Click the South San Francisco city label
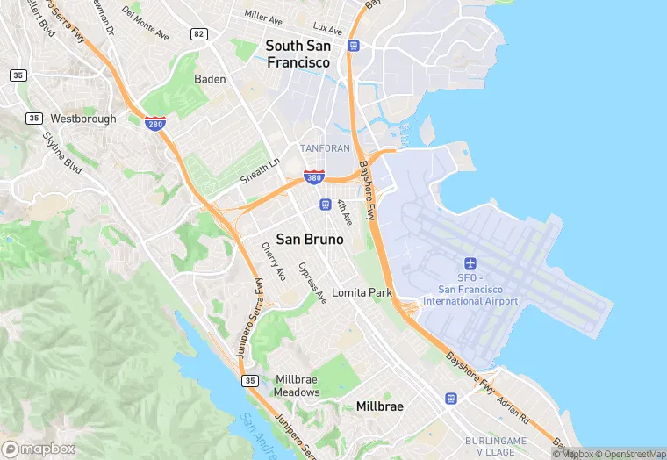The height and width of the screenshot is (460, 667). click(x=298, y=54)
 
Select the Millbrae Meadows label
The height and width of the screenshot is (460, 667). click(x=297, y=385)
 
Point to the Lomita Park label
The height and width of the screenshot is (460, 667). click(x=362, y=292)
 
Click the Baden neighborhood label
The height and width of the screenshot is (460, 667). click(x=210, y=79)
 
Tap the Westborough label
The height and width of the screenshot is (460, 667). click(x=82, y=118)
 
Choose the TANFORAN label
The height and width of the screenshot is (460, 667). click(x=325, y=148)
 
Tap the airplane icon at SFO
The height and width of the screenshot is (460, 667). click(x=470, y=264)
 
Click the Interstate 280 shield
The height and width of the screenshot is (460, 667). click(x=155, y=123)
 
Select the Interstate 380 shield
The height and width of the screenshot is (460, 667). click(x=313, y=176)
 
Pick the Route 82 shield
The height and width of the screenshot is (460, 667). click(x=199, y=33)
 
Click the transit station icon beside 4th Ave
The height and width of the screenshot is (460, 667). click(x=325, y=205)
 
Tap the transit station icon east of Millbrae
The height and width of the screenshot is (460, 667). click(x=451, y=399)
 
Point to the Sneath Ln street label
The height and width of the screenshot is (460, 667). click(x=261, y=169)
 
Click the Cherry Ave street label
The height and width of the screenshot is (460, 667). click(x=274, y=262)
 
